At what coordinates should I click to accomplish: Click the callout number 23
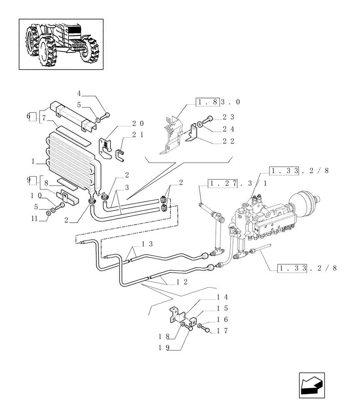[228, 117]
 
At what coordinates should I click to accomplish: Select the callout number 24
[228, 129]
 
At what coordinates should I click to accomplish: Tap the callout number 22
[228, 141]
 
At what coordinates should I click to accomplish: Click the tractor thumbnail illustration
[61, 43]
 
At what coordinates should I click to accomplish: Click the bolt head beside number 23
[210, 118]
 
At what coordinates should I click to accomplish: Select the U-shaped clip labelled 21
[119, 156]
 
